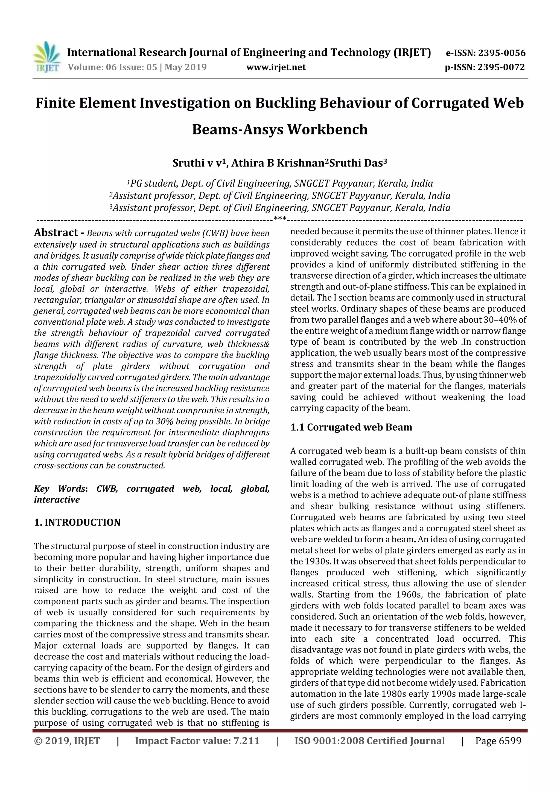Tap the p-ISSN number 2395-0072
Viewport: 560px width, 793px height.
pos(501,67)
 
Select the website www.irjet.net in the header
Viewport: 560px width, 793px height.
pos(276,67)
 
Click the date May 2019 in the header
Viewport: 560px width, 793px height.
pos(185,67)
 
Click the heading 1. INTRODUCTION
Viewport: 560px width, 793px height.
pos(77,522)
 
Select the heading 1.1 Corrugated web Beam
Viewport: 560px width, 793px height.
pos(351,427)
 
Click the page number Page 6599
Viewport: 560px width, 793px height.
pos(498,740)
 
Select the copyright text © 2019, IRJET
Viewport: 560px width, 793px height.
pos(67,740)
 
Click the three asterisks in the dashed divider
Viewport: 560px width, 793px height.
pos(279,218)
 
